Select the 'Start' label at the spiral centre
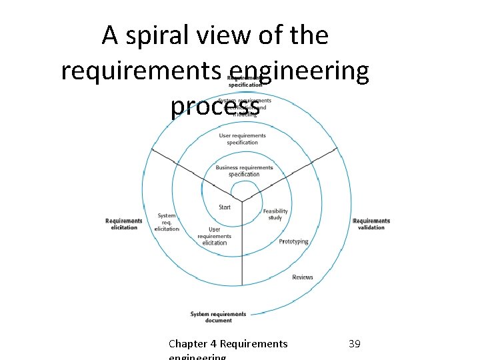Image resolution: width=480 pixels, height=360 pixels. [225, 207]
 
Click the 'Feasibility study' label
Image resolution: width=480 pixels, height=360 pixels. [275, 215]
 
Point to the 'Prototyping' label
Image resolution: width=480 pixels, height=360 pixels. [293, 241]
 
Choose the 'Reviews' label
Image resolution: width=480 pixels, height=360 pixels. [302, 277]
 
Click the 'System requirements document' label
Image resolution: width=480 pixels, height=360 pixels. [218, 317]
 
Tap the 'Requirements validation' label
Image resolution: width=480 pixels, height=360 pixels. [371, 224]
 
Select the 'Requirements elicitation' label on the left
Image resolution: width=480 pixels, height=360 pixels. [124, 224]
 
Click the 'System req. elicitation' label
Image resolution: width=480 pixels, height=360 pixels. [167, 222]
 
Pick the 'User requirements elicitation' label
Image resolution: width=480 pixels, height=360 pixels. [215, 236]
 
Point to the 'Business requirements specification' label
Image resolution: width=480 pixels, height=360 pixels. [244, 171]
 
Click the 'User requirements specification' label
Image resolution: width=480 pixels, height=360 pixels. [242, 139]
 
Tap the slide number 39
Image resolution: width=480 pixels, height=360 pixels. [355, 344]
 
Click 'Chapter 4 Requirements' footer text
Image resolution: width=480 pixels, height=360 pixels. [228, 344]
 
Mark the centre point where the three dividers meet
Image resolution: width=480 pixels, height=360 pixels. [242, 201]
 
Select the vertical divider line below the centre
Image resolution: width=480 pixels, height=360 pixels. [242, 267]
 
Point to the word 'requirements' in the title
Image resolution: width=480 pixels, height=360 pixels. [141, 71]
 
